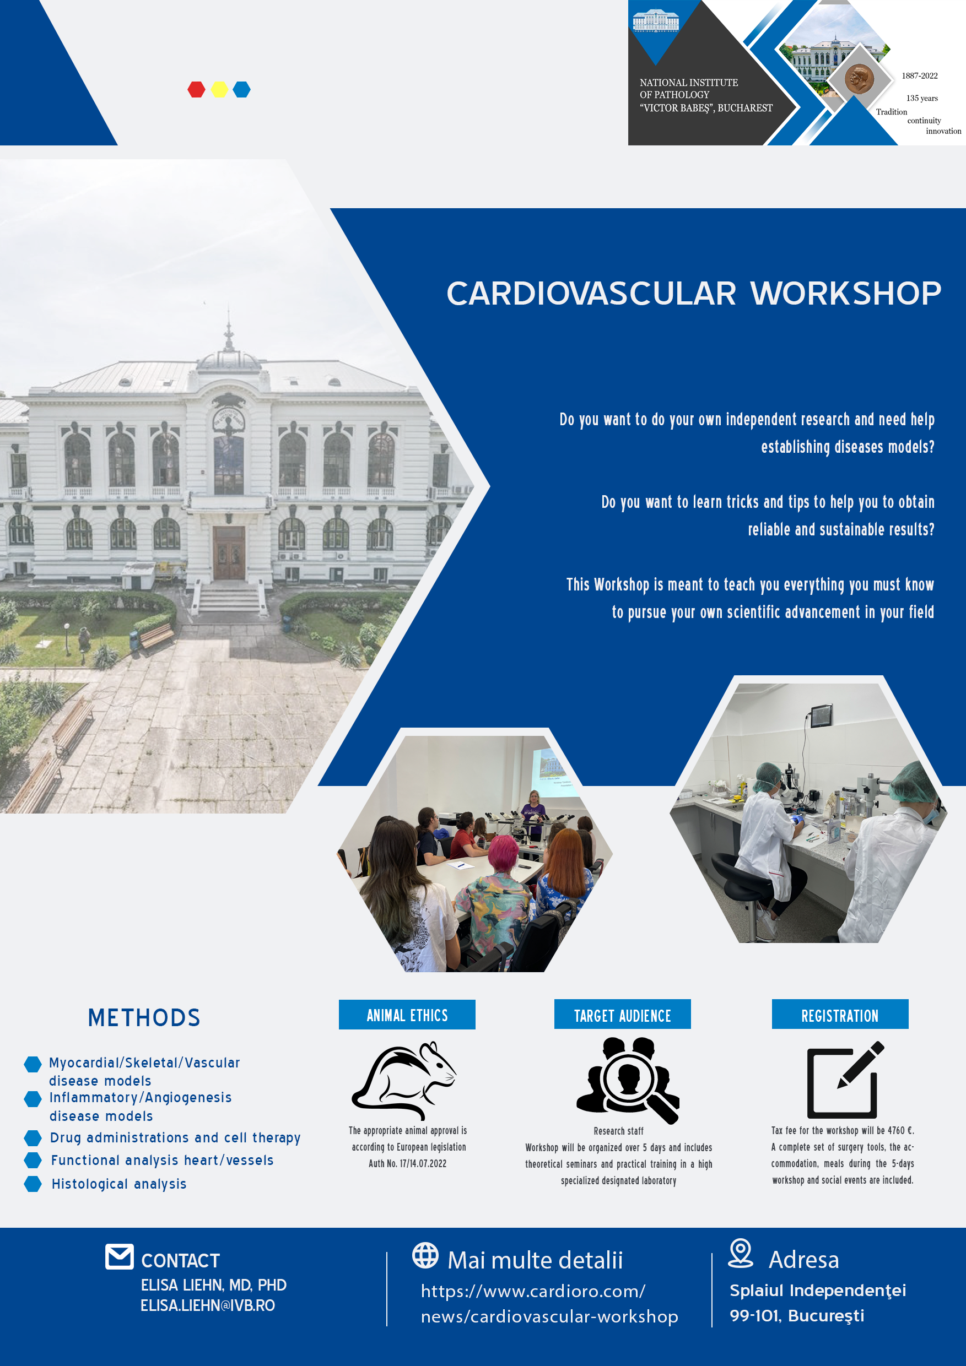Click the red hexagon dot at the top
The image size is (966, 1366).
196,89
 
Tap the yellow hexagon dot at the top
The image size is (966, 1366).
219,89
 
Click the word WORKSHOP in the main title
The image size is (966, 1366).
846,294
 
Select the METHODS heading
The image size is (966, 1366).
144,1017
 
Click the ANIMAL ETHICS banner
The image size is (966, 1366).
407,1015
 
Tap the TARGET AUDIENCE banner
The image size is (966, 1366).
623,1015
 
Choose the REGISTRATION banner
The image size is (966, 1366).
840,1015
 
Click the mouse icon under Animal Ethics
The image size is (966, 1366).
404,1080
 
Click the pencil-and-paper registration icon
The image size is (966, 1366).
845,1080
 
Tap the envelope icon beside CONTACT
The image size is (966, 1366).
120,1256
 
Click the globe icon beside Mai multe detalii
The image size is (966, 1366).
425,1255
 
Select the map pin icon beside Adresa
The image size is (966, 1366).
741,1253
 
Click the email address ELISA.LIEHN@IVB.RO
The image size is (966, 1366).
208,1305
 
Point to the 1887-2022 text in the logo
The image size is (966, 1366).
920,75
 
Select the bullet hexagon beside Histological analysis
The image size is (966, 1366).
33,1184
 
